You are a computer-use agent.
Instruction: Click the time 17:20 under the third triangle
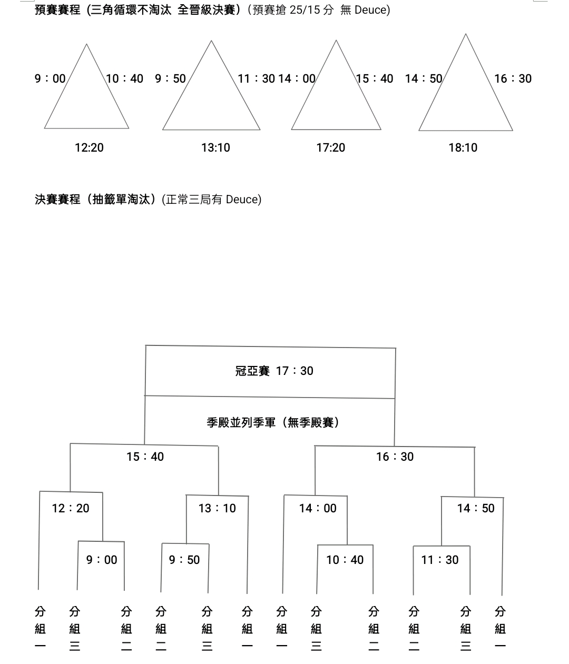(330, 148)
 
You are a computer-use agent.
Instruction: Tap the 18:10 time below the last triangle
(463, 148)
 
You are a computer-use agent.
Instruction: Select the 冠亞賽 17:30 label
(274, 371)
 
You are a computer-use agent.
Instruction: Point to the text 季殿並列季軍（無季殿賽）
(273, 423)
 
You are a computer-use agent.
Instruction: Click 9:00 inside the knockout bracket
(102, 560)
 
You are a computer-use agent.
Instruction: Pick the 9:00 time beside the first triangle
(50, 79)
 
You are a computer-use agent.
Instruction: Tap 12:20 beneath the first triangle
(89, 148)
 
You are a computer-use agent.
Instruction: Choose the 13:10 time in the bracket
(217, 509)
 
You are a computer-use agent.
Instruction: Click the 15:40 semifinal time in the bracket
(145, 457)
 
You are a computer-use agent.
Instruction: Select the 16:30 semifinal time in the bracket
(395, 457)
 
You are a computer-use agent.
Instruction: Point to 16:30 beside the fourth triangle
(513, 79)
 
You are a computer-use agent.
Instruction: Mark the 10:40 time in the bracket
(345, 560)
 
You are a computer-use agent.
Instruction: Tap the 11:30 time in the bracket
(439, 560)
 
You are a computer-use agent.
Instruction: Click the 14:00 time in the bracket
(317, 509)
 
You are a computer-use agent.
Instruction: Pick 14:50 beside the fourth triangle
(424, 79)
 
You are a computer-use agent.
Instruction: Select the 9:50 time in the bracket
(184, 560)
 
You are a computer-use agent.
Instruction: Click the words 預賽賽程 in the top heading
(57, 10)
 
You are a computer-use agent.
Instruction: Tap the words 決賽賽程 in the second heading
(57, 200)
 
